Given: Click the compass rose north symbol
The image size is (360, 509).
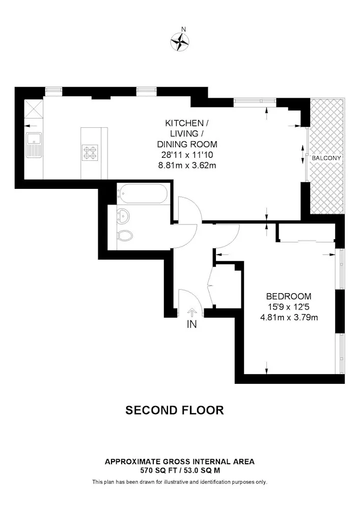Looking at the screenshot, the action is click(180, 42).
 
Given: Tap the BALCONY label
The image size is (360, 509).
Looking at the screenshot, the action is click(326, 158).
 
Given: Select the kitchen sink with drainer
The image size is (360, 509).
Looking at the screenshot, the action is click(34, 145).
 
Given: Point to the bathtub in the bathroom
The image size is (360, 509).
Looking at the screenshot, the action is click(142, 194).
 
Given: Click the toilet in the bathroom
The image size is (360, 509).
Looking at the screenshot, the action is click(125, 235).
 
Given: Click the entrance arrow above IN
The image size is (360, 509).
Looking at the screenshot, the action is click(191, 313).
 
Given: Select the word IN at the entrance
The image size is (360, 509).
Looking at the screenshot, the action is click(191, 324).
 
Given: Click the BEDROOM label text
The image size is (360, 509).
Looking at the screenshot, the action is click(289, 296).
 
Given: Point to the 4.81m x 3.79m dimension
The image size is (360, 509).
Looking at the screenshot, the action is click(289, 318).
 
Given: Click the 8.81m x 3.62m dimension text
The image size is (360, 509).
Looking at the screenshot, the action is click(187, 165).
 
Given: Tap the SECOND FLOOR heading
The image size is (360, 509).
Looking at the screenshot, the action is click(175, 410).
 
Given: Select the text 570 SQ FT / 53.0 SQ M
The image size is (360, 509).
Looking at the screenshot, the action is click(180, 470).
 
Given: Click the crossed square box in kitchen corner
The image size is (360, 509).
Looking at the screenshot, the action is click(34, 109).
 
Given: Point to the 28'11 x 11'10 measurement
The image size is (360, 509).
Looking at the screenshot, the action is click(187, 155).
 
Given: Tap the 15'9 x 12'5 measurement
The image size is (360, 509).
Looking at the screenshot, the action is click(289, 307).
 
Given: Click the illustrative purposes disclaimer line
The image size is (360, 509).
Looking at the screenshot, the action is click(180, 482).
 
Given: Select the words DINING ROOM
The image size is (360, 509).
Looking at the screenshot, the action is click(187, 144).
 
